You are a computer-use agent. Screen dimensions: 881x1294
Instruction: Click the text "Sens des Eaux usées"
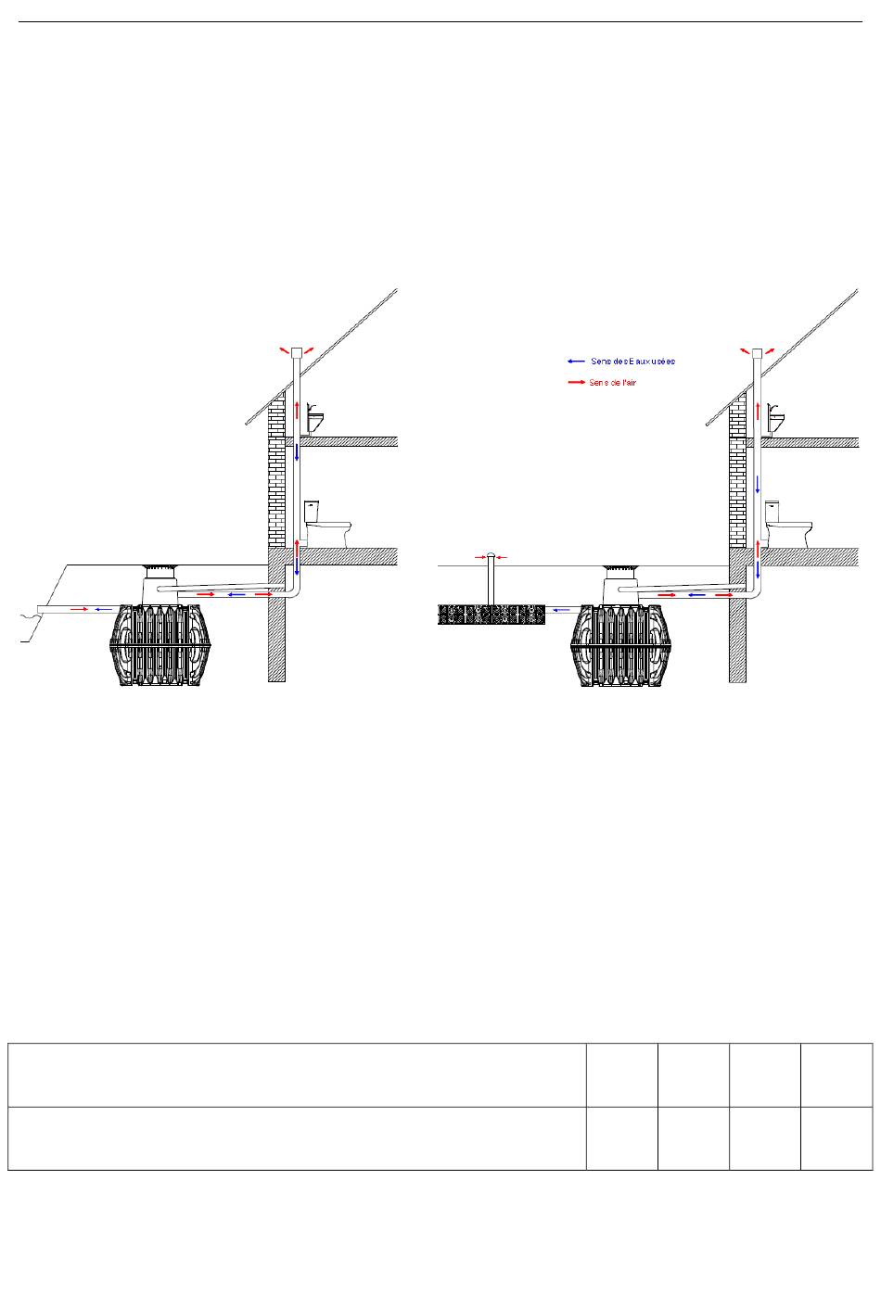pyautogui.click(x=632, y=362)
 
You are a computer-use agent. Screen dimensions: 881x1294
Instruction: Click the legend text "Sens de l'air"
pyautogui.click(x=613, y=383)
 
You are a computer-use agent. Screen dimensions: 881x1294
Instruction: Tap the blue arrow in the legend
pyautogui.click(x=576, y=362)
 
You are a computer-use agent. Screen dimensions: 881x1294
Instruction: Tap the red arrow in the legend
pyautogui.click(x=576, y=383)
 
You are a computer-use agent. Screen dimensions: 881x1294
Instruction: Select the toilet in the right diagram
pyautogui.click(x=788, y=524)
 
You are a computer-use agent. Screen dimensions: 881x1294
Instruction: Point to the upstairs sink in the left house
pyautogui.click(x=313, y=418)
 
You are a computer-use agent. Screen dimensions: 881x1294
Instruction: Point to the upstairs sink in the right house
pyautogui.click(x=775, y=418)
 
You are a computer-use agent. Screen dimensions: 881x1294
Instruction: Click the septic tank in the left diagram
pyautogui.click(x=160, y=645)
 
